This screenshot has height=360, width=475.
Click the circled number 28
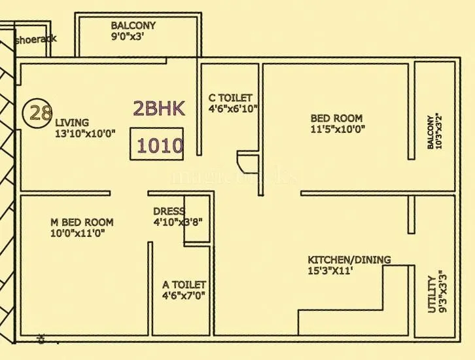[x=41, y=113]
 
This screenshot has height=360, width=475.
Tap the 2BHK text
[x=159, y=109]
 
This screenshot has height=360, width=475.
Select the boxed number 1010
[x=160, y=145]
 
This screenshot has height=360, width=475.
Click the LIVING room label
[x=72, y=122]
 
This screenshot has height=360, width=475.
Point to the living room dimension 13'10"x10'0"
[x=85, y=133]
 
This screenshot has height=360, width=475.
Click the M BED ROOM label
[x=82, y=223]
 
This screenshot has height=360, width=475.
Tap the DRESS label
[x=168, y=211]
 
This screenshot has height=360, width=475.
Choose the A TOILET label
[x=184, y=285]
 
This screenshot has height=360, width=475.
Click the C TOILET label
[x=230, y=98]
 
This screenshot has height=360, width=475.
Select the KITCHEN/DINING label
[x=349, y=260]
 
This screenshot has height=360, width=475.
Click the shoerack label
[x=35, y=39]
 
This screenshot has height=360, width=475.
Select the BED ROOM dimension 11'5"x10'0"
[x=338, y=129]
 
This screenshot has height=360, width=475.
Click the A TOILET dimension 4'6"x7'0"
[x=184, y=296]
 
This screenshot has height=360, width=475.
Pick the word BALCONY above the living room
[x=133, y=26]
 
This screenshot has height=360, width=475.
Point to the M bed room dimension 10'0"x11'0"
[x=78, y=233]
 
